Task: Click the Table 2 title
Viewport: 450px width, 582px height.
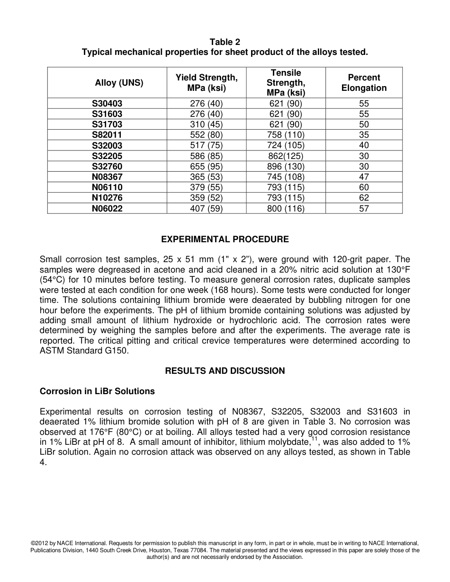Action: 225,42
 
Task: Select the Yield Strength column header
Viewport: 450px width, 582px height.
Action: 207,83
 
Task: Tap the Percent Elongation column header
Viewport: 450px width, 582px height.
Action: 364,83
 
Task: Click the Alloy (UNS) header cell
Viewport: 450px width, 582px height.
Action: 119,83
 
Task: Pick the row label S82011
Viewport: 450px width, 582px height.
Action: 107,135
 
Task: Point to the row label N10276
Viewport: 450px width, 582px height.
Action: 107,198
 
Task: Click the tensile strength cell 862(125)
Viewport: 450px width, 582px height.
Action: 286,156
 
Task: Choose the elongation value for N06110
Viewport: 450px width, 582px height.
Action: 364,187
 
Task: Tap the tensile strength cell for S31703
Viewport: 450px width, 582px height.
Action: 286,124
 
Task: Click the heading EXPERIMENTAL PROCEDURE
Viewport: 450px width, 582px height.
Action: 225,239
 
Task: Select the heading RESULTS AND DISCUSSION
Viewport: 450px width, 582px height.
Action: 225,371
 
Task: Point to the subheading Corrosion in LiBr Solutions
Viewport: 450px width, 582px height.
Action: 97,391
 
